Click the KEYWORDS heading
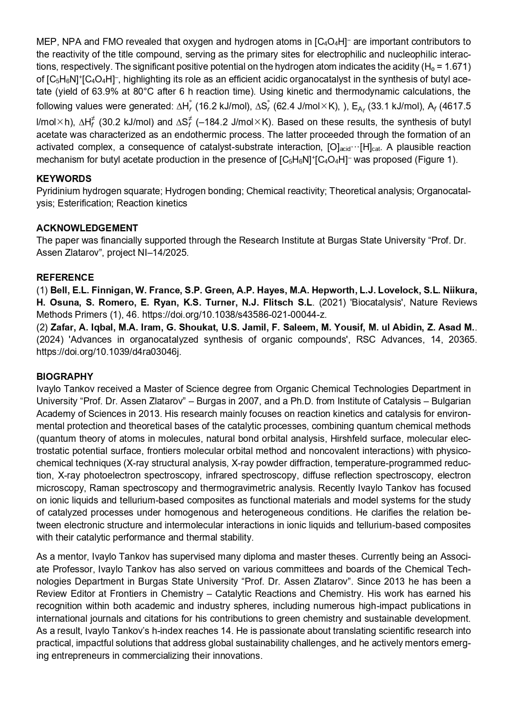point(64,179)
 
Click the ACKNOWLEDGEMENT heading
point(87,228)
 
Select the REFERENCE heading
point(65,277)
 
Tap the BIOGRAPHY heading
point(65,377)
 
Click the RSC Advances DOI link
point(109,352)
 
